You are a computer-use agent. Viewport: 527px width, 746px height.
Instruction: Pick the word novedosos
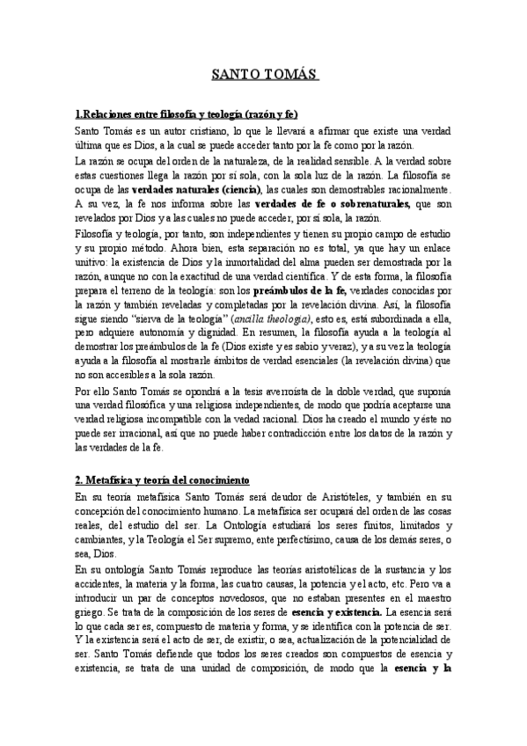pos(250,597)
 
